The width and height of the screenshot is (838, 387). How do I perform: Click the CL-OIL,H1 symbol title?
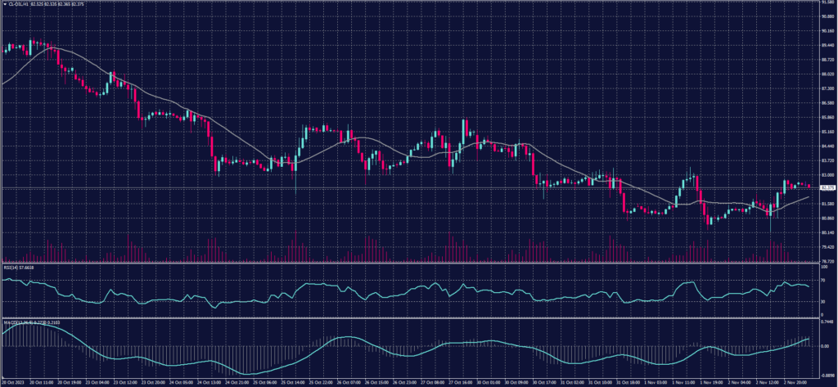[x=19, y=3]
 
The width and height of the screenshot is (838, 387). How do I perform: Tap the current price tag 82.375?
[x=827, y=188]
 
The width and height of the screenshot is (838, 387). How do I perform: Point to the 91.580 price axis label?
[x=827, y=3]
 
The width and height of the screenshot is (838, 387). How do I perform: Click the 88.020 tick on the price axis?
[x=827, y=74]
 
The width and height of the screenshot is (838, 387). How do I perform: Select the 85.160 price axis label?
[x=827, y=132]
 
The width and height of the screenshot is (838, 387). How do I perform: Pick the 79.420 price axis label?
[x=827, y=246]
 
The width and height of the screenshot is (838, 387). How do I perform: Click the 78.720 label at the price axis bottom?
[x=827, y=261]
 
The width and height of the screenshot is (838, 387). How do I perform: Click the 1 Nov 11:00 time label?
[x=679, y=381]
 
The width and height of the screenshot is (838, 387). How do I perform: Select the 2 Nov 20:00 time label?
[x=799, y=381]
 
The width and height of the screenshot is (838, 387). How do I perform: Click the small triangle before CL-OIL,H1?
[x=2, y=3]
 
